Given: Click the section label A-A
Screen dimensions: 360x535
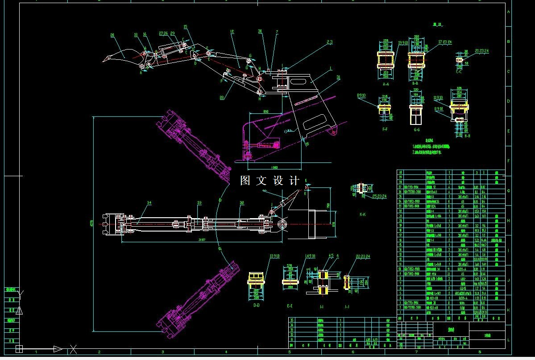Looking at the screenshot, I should pos(386,83).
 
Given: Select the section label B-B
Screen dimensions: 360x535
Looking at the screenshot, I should pos(415,83).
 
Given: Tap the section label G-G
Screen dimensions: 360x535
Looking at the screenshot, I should pos(417,130).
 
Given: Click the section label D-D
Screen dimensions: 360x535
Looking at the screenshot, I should pos(257,305).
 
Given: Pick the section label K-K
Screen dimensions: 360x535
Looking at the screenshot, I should pos(363,215).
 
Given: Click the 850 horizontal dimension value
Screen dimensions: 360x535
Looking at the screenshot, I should pos(266,111).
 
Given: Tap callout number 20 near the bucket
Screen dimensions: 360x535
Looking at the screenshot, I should pos(112,34).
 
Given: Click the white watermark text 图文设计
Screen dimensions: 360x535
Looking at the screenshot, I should pos(270,181).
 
